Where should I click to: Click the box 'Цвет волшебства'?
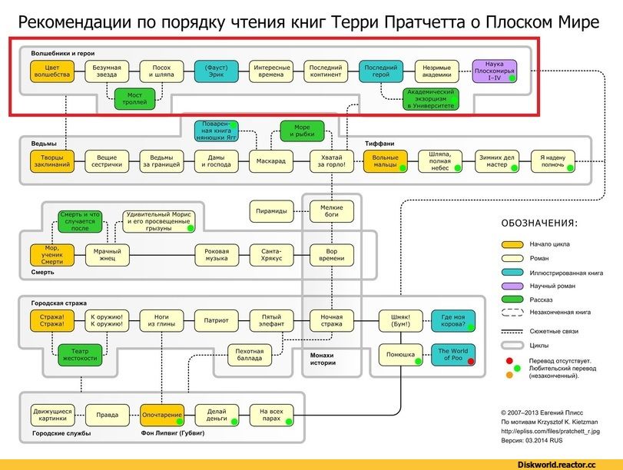52,71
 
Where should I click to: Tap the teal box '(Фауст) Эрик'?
217,71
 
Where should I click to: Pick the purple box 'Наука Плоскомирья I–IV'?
494,71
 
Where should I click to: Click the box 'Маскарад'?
272,161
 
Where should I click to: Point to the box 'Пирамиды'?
272,210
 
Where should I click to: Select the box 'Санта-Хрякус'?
272,254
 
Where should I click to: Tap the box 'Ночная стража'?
331,320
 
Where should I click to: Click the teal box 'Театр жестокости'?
80,354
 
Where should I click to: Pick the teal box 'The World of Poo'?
453,355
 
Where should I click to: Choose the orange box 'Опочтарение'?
162,415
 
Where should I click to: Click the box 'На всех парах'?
272,415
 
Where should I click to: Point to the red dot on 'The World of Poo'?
469,361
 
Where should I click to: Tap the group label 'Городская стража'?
58,303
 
